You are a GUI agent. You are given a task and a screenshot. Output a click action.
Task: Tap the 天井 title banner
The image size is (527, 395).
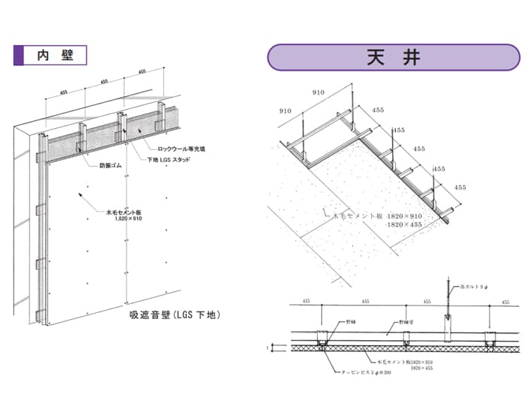[x=394, y=57]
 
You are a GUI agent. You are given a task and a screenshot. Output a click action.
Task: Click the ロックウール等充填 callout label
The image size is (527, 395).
[x=181, y=149]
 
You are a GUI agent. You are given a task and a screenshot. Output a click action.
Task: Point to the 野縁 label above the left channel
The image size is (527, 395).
[x=350, y=321]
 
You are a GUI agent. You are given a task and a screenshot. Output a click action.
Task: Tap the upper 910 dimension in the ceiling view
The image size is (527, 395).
[x=318, y=93]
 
